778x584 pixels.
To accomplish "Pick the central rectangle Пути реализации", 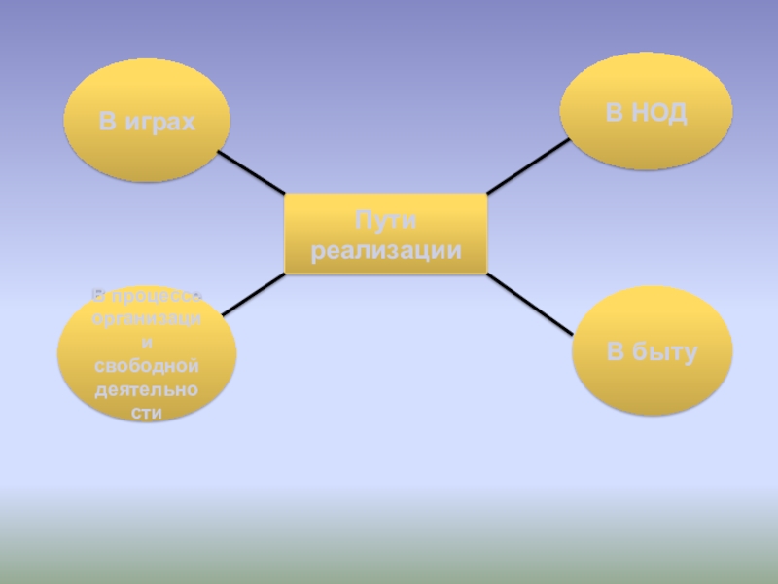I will [385, 234].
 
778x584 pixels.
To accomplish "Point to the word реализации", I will [385, 250].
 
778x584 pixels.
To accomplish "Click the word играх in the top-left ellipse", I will [162, 122].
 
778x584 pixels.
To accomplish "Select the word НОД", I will [660, 112].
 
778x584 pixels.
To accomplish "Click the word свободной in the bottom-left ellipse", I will [147, 365].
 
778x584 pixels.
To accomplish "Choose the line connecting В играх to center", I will [250, 171].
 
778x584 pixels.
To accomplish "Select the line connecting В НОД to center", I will [527, 166].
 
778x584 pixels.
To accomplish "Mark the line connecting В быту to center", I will [530, 304].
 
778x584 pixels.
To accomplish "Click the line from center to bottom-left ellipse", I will [253, 295].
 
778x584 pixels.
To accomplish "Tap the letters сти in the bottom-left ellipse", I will [147, 413].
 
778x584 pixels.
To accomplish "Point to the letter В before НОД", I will [615, 112].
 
